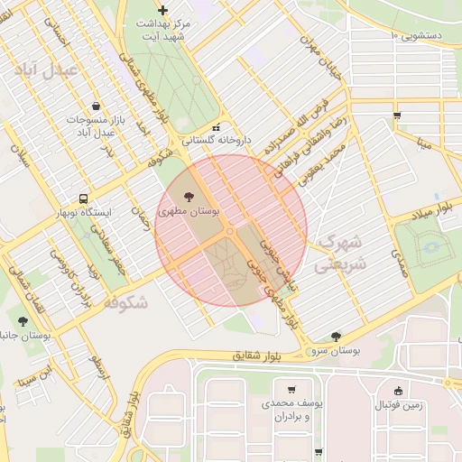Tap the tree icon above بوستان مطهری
tap(189, 196)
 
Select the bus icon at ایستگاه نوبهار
tap(84, 198)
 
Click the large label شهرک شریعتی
tap(340, 254)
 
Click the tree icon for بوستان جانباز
tap(23, 320)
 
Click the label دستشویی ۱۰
tap(426, 35)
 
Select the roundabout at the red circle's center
tap(231, 232)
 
